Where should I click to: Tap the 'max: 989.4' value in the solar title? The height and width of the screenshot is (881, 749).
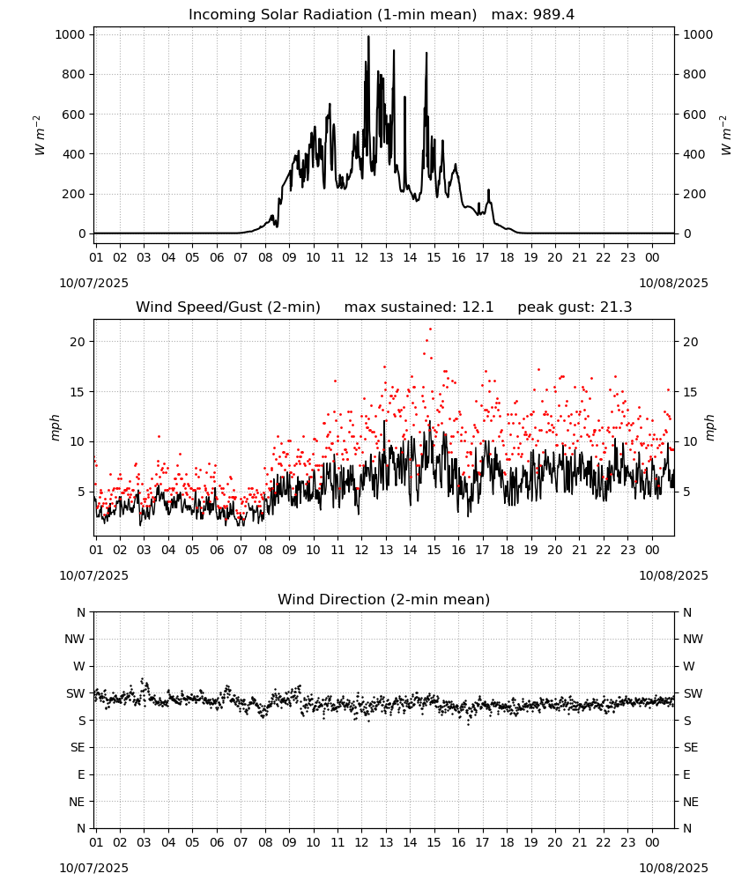coord(533,15)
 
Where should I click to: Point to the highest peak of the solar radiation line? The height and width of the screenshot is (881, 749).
coord(368,37)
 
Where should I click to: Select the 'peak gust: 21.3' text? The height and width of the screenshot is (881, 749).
coord(575,307)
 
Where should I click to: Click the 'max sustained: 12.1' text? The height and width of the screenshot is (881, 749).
coord(419,307)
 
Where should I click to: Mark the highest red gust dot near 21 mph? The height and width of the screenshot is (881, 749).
coord(430,329)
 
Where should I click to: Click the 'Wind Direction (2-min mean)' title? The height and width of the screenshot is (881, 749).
coord(384,599)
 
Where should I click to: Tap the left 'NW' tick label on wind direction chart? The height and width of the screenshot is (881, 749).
coord(74,640)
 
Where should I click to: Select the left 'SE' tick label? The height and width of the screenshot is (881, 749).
coord(78,748)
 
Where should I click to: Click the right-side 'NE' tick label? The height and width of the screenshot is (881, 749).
coord(691,803)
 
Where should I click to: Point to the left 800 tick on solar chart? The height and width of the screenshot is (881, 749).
coord(74,74)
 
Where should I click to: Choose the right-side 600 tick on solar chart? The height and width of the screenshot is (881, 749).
coord(694,115)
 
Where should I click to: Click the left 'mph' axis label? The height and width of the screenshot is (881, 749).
coord(55,427)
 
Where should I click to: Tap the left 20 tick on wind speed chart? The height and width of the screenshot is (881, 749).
coord(78,342)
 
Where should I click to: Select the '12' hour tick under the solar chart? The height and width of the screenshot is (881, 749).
coord(361,257)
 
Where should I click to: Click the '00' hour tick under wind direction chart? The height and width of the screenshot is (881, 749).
coord(652,842)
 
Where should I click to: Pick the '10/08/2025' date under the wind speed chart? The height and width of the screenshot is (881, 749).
coord(673,575)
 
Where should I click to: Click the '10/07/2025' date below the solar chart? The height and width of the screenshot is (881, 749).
coord(93,283)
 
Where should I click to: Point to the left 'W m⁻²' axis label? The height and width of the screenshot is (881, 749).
coord(40,136)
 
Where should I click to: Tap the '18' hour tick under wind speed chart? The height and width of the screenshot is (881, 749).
coord(507,550)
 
